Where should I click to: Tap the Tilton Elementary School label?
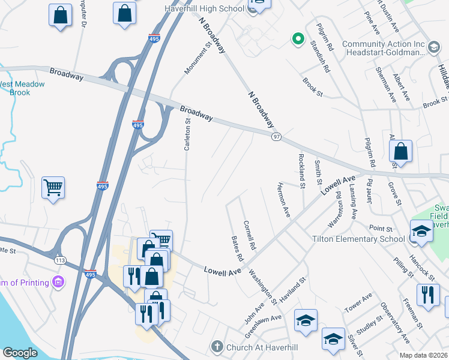pyautogui.click(x=358, y=239)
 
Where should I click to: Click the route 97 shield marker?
pyautogui.click(x=276, y=138)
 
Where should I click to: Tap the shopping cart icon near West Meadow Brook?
pyautogui.click(x=53, y=188)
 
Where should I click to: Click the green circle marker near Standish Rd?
pyautogui.click(x=297, y=40)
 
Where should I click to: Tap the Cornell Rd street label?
pyautogui.click(x=250, y=235)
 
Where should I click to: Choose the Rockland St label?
pyautogui.click(x=301, y=170)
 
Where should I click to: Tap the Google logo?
pyautogui.click(x=20, y=353)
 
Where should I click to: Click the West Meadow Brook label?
pyautogui.click(x=22, y=88)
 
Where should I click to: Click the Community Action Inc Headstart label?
pyautogui.click(x=384, y=48)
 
